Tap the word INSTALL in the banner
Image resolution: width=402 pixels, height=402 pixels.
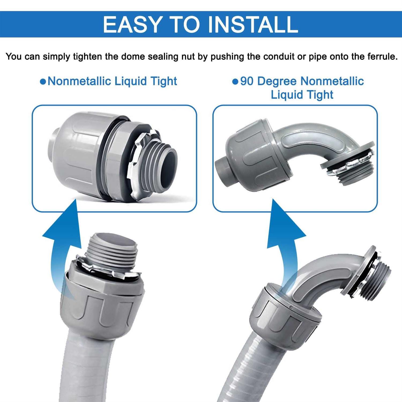pyautogui.click(x=252, y=24)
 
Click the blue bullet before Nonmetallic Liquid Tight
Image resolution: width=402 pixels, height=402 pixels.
pyautogui.click(x=43, y=81)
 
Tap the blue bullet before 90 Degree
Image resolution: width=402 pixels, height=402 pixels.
pyautogui.click(x=235, y=81)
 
